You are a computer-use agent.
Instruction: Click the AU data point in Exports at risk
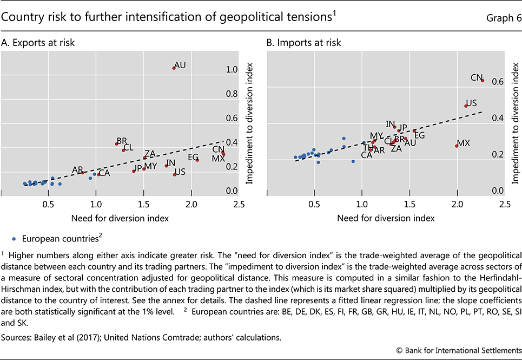[x=174, y=68]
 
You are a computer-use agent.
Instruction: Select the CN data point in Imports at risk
[x=483, y=81]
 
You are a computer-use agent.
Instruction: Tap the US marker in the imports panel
[x=466, y=106]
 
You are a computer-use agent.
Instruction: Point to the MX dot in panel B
[x=457, y=146]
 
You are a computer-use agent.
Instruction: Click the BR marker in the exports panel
[x=116, y=143]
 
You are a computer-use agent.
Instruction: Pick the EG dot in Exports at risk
[x=197, y=160]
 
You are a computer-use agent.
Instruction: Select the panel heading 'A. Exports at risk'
[x=38, y=42]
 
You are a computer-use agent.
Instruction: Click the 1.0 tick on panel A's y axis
[x=232, y=69]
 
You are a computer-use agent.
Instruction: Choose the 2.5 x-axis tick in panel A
[x=239, y=205]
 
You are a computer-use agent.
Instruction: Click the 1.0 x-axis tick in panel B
[x=362, y=205]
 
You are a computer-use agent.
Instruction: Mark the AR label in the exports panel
[x=77, y=170]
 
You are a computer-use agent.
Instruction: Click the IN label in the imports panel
[x=391, y=123]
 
